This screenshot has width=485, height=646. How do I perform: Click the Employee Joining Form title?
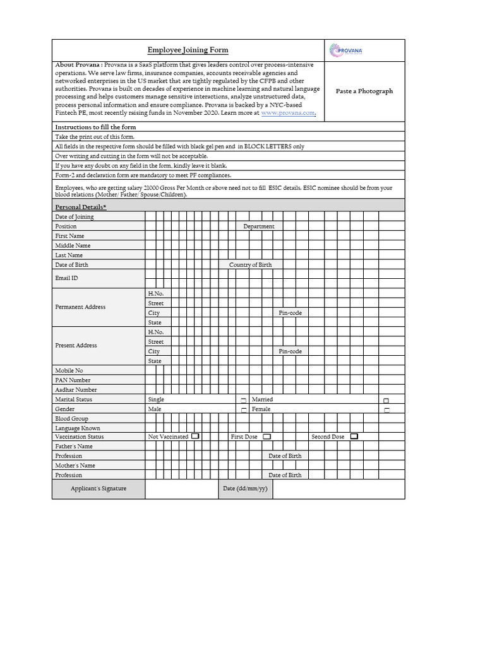[x=188, y=50]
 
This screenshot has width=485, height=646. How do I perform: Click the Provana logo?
[x=346, y=50]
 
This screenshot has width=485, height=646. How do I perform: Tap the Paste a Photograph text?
[x=364, y=91]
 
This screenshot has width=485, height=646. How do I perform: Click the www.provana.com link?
[x=287, y=112]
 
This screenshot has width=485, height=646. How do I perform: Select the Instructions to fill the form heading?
[x=95, y=127]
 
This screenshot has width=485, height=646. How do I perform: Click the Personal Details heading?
[x=81, y=207]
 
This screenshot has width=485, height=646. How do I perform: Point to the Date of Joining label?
[x=75, y=216]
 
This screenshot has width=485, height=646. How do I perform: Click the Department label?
[x=259, y=226]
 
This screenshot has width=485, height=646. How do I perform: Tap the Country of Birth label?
[x=250, y=264]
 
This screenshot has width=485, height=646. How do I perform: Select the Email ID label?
[x=67, y=278]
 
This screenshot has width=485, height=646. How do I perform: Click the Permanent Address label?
[x=80, y=307]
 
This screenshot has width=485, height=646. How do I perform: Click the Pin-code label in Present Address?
[x=290, y=351]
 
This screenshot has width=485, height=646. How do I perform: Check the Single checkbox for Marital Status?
[x=243, y=400]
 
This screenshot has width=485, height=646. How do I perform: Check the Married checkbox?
[x=386, y=400]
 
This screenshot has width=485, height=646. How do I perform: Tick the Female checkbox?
[x=386, y=409]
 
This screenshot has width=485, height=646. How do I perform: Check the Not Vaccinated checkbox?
[x=195, y=436]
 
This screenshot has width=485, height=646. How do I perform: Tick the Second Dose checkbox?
[x=354, y=436]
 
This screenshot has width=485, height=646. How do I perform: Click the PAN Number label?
[x=73, y=380]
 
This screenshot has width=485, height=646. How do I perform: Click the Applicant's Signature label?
[x=99, y=488]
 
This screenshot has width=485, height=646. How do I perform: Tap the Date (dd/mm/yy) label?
[x=245, y=488]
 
